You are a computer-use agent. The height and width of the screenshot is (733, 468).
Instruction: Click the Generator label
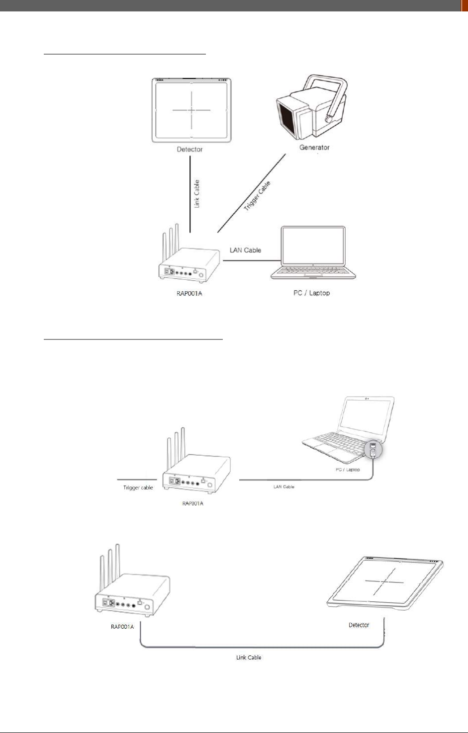pyautogui.click(x=314, y=147)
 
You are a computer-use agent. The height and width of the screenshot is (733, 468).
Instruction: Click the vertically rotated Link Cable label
pyautogui.click(x=197, y=194)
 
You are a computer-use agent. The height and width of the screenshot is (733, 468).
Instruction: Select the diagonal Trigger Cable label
pyautogui.click(x=258, y=195)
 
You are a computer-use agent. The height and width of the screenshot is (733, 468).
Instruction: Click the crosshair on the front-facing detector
pyautogui.click(x=191, y=110)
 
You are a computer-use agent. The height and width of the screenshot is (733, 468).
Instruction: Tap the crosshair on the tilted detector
pyautogui.click(x=384, y=582)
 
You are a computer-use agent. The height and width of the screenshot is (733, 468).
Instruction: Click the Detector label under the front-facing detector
pyautogui.click(x=190, y=149)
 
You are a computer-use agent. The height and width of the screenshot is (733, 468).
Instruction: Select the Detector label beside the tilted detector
pyautogui.click(x=359, y=625)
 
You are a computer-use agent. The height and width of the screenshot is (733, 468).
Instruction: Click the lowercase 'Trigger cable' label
pyautogui.click(x=138, y=488)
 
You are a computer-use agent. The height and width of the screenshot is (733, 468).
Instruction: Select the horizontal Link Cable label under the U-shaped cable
pyautogui.click(x=249, y=657)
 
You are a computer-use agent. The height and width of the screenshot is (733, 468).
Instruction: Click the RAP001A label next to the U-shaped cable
pyautogui.click(x=122, y=627)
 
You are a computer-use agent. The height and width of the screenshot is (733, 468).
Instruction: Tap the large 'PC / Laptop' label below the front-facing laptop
pyautogui.click(x=312, y=293)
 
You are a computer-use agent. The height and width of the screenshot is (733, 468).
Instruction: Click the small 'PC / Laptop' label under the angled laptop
pyautogui.click(x=348, y=470)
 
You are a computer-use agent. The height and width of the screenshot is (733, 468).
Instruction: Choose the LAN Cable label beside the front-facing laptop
pyautogui.click(x=245, y=250)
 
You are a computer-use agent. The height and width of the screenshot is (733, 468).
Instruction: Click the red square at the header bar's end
pyautogui.click(x=465, y=5)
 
